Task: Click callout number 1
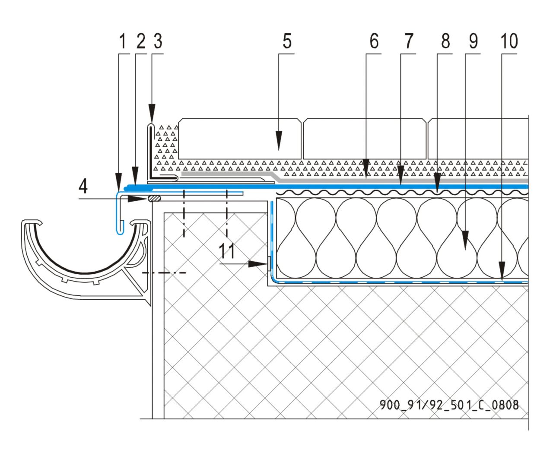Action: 122,42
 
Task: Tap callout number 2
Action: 140,42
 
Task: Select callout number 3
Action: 158,42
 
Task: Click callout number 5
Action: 287,42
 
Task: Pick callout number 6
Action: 374,42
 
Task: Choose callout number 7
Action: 409,42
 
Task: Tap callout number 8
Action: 445,42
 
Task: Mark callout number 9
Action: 474,42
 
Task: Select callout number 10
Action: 509,42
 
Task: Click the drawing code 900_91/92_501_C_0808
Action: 449,405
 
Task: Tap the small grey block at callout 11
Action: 269,263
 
